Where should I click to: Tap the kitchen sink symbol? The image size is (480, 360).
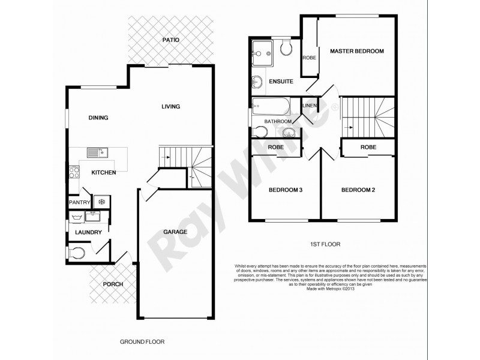pyautogui.click(x=95, y=152)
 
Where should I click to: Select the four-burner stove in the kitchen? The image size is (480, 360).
pyautogui.click(x=74, y=172)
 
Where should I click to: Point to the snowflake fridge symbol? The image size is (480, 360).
pyautogui.click(x=101, y=202)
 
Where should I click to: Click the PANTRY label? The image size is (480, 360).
pyautogui.click(x=79, y=203)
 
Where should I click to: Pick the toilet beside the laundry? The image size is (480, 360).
pyautogui.click(x=76, y=253)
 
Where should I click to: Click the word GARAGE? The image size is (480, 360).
pyautogui.click(x=175, y=232)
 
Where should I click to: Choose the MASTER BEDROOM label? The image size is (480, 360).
pyautogui.click(x=356, y=52)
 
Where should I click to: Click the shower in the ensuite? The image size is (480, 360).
pyautogui.click(x=263, y=50)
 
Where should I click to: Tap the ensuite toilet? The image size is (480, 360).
pyautogui.click(x=286, y=48)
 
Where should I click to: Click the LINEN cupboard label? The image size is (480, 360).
pyautogui.click(x=309, y=106)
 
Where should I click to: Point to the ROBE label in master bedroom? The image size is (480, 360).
pyautogui.click(x=309, y=58)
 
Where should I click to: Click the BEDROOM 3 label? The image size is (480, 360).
pyautogui.click(x=284, y=190)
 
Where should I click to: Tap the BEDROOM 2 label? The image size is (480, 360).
pyautogui.click(x=358, y=190)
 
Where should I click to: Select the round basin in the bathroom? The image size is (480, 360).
pyautogui.click(x=289, y=133)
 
